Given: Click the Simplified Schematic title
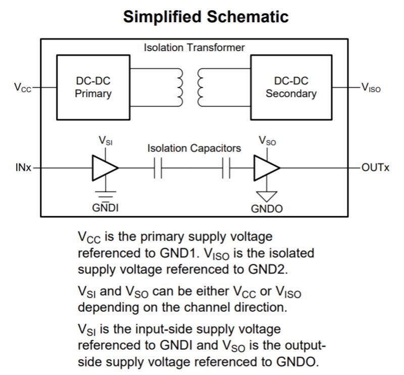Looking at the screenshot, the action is (206, 17).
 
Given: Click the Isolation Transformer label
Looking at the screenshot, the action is (194, 48).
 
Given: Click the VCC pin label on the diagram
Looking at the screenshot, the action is (23, 87).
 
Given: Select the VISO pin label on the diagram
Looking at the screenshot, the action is (371, 87).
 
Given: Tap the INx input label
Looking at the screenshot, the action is (23, 168).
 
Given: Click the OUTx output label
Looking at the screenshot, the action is (375, 168).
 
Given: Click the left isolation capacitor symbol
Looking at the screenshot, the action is (158, 168).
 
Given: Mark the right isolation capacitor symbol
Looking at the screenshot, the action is (226, 168).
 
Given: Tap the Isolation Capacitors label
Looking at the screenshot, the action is (194, 148).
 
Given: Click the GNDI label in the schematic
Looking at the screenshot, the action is (106, 208).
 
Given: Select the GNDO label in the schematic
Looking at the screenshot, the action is (267, 209).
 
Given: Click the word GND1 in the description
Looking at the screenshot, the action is (179, 253).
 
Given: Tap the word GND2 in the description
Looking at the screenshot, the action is (268, 269).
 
